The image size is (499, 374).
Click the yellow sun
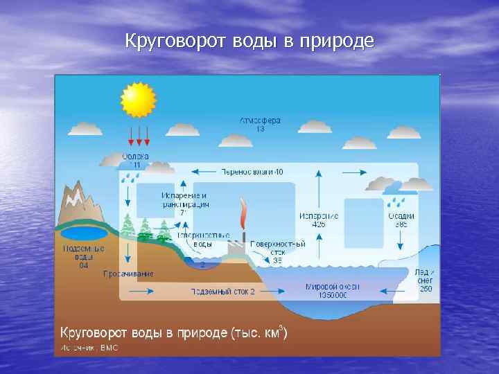click(139, 100)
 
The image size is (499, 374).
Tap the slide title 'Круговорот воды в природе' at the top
click(249, 42)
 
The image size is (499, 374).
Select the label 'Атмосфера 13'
click(260, 125)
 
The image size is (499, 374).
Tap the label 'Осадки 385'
click(401, 220)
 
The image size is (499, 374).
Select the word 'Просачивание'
click(128, 274)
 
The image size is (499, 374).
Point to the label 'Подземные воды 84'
click(83, 256)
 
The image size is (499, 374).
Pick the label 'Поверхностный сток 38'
click(277, 251)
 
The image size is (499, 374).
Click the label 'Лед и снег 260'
click(424, 280)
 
